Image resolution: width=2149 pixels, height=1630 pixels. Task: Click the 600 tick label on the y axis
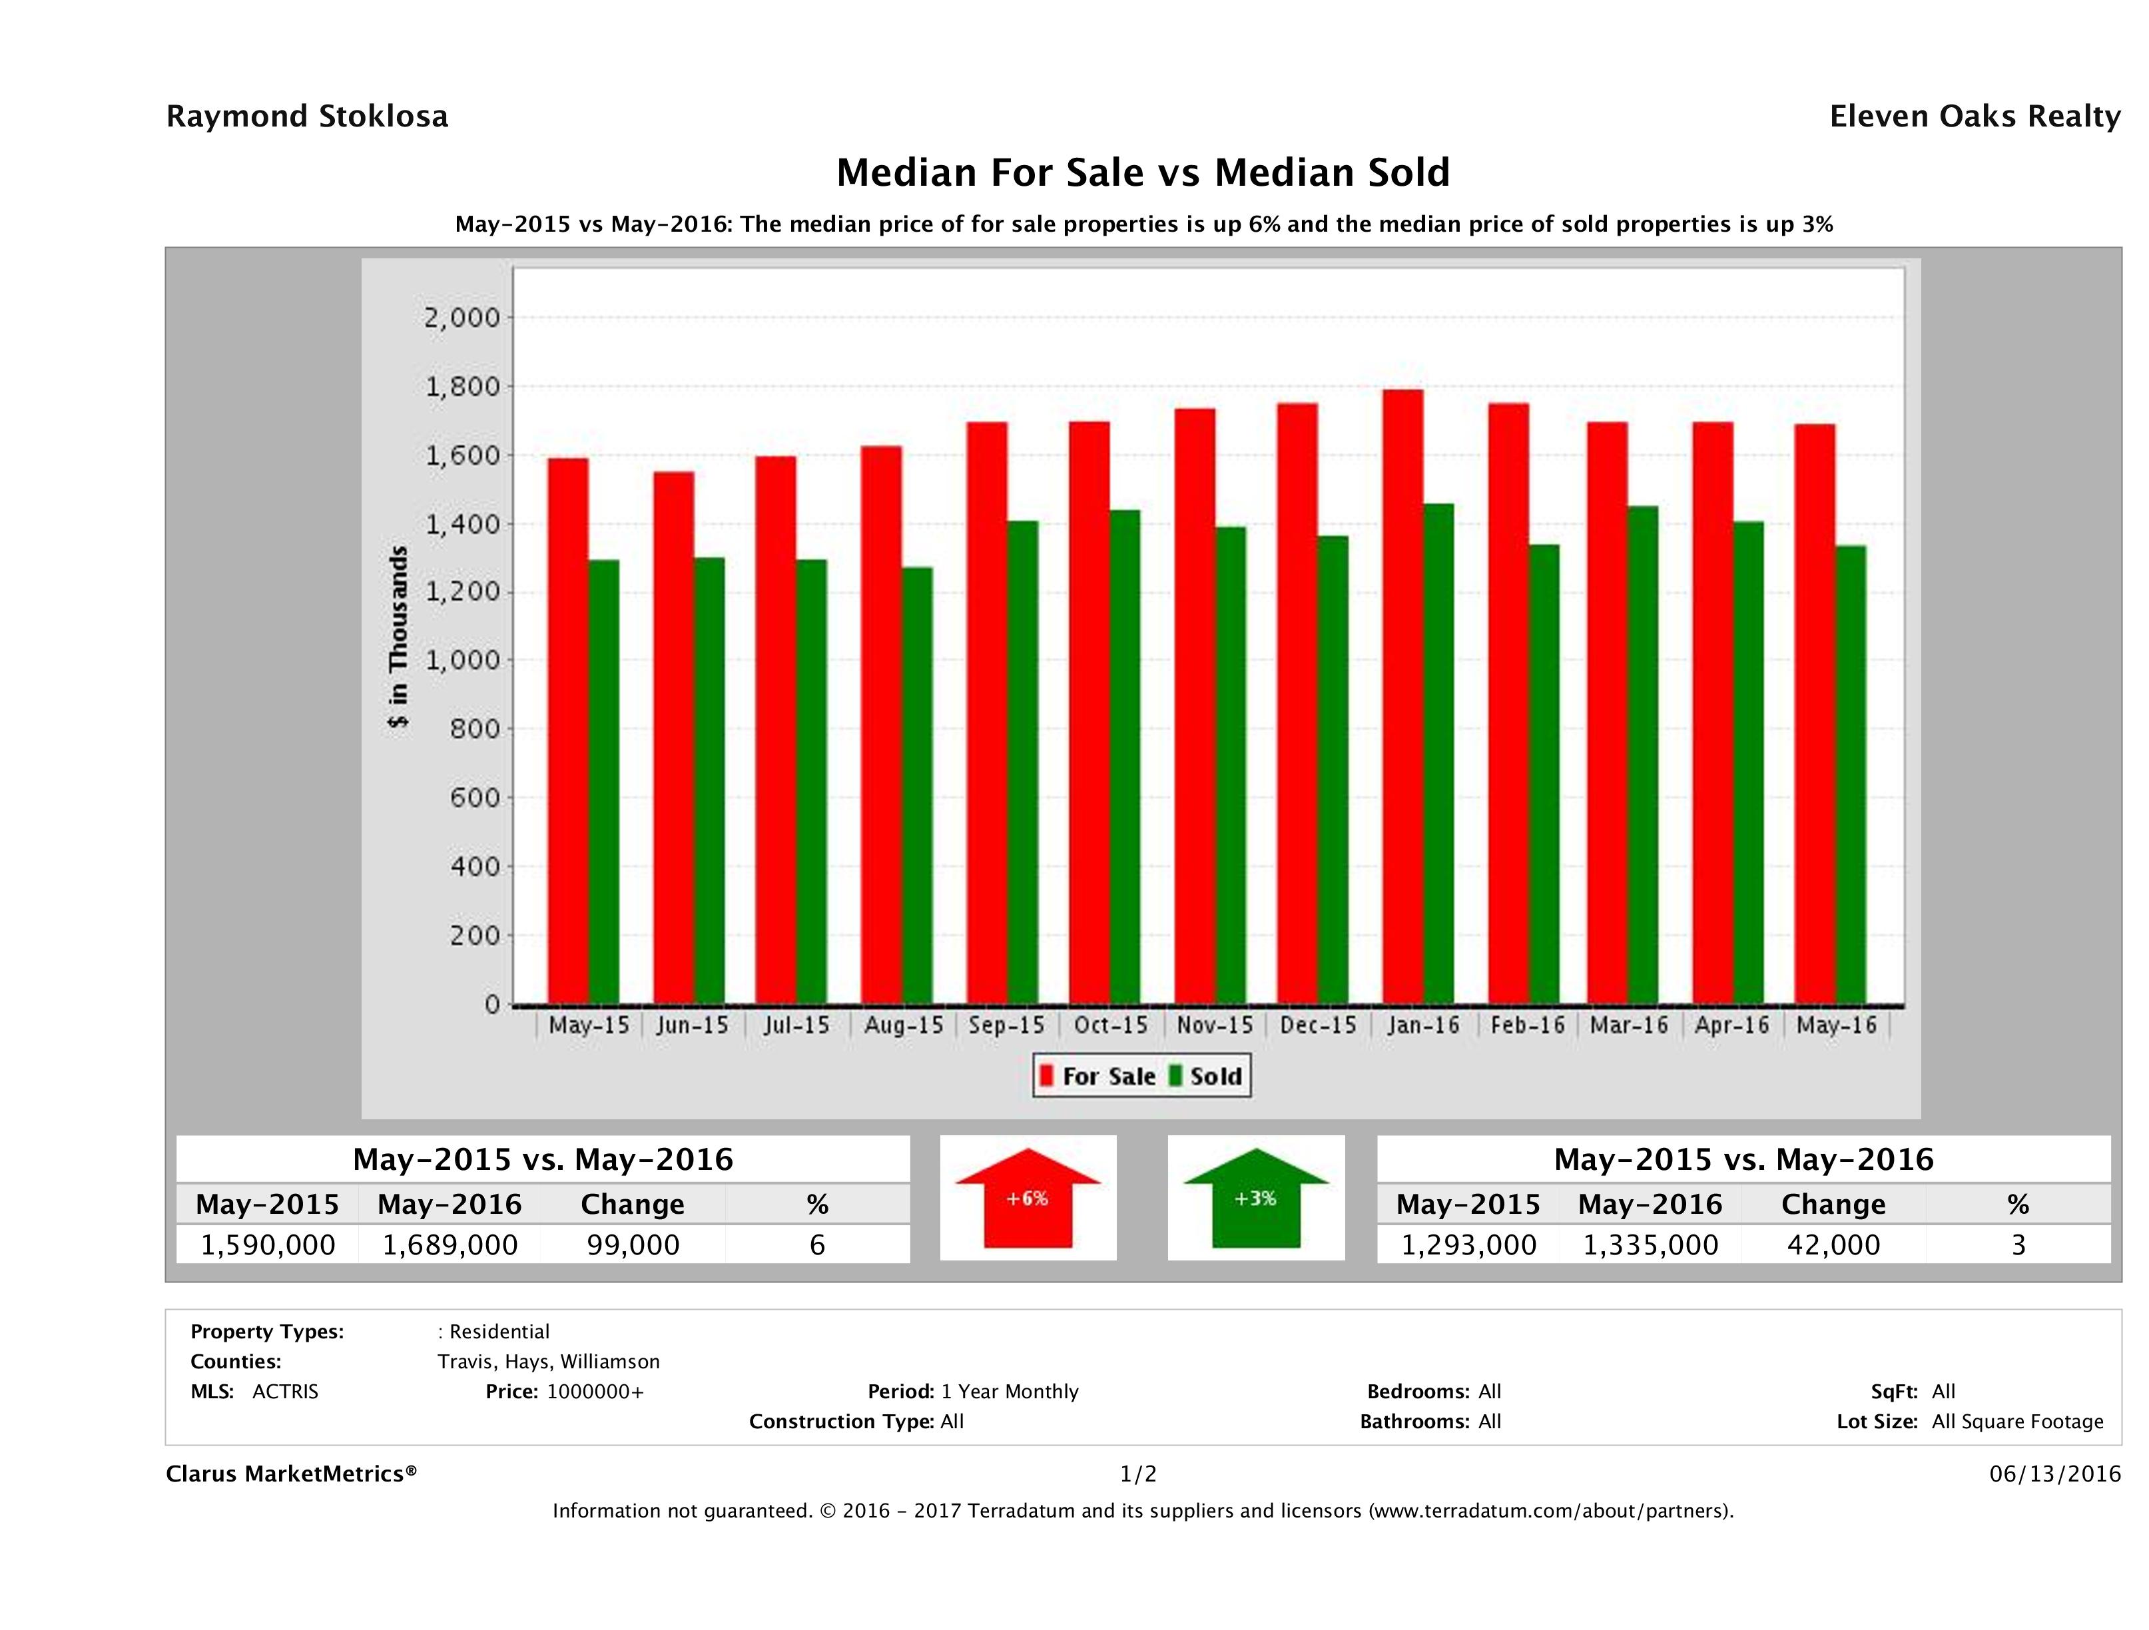point(474,798)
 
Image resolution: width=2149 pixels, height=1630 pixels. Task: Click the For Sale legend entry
point(1098,1076)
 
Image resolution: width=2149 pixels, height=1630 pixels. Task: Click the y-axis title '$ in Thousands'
point(398,637)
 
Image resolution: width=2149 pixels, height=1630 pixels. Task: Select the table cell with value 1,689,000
point(450,1244)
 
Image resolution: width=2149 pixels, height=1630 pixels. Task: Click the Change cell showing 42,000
point(1833,1244)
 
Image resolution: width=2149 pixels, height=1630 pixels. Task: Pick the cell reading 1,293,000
point(1468,1244)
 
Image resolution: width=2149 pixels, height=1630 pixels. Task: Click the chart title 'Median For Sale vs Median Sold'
point(1143,173)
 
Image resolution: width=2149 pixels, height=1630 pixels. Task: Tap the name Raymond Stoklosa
point(307,117)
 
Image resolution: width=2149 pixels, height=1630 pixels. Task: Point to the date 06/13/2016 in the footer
point(2054,1474)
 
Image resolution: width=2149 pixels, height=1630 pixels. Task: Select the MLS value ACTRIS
point(284,1391)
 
